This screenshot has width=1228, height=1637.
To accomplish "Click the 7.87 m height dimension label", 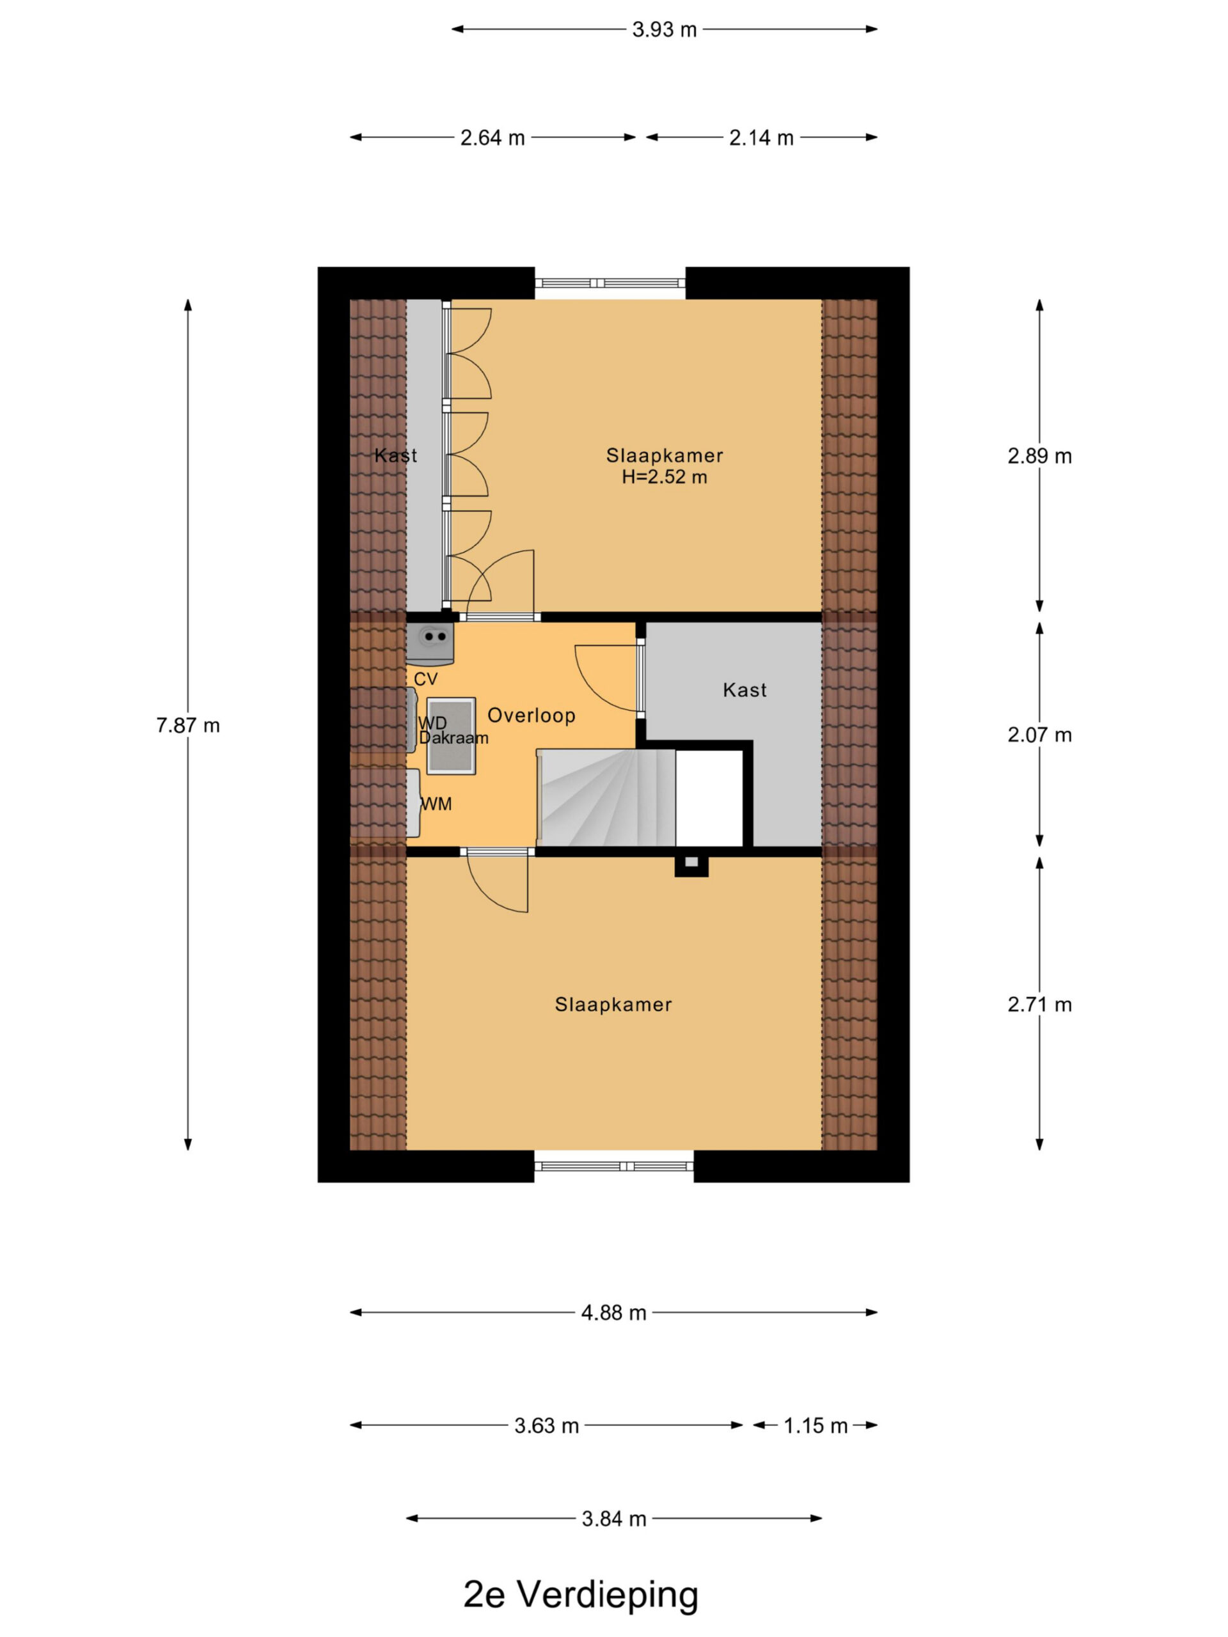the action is click(x=188, y=725).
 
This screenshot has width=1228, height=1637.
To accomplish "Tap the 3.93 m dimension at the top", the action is click(x=664, y=29).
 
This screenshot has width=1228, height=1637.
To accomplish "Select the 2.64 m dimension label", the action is click(x=492, y=137).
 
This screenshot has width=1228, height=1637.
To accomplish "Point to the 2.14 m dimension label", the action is click(x=761, y=137).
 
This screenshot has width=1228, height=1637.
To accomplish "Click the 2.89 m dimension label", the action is click(x=1039, y=456).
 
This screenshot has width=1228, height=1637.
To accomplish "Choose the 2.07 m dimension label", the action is click(x=1039, y=735).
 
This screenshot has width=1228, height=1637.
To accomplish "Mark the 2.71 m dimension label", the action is click(x=1039, y=1004).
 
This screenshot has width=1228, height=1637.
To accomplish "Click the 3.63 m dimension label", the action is click(x=546, y=1425).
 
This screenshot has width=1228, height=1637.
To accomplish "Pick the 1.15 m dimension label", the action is click(x=815, y=1425).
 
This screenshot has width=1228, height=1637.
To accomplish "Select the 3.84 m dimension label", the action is click(x=613, y=1519).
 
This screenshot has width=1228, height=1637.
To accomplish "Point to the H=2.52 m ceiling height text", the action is click(x=664, y=477).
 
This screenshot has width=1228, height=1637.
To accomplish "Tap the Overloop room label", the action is click(x=531, y=716).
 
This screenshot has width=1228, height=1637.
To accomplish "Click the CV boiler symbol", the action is click(x=430, y=644).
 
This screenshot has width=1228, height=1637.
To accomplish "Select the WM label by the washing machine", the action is click(x=436, y=804).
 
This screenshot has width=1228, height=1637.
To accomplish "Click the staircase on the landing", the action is click(x=606, y=798).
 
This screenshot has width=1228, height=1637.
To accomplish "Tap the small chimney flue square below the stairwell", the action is click(x=691, y=866).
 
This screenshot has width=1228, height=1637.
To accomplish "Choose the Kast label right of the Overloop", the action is click(x=744, y=690).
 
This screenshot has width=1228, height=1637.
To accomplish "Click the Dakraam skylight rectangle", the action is click(x=451, y=735).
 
